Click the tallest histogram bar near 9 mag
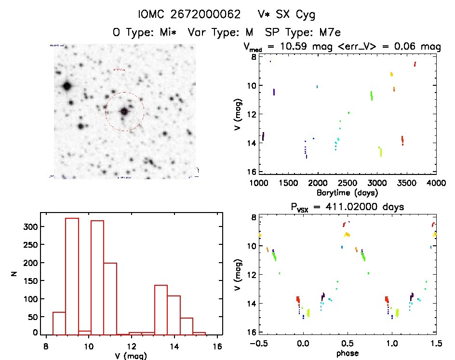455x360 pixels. (72, 275)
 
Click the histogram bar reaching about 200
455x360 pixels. (110, 299)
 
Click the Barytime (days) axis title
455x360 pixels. (347, 192)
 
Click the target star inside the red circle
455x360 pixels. (124, 111)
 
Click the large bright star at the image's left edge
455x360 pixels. (67, 87)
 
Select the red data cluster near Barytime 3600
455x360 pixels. (415, 64)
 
